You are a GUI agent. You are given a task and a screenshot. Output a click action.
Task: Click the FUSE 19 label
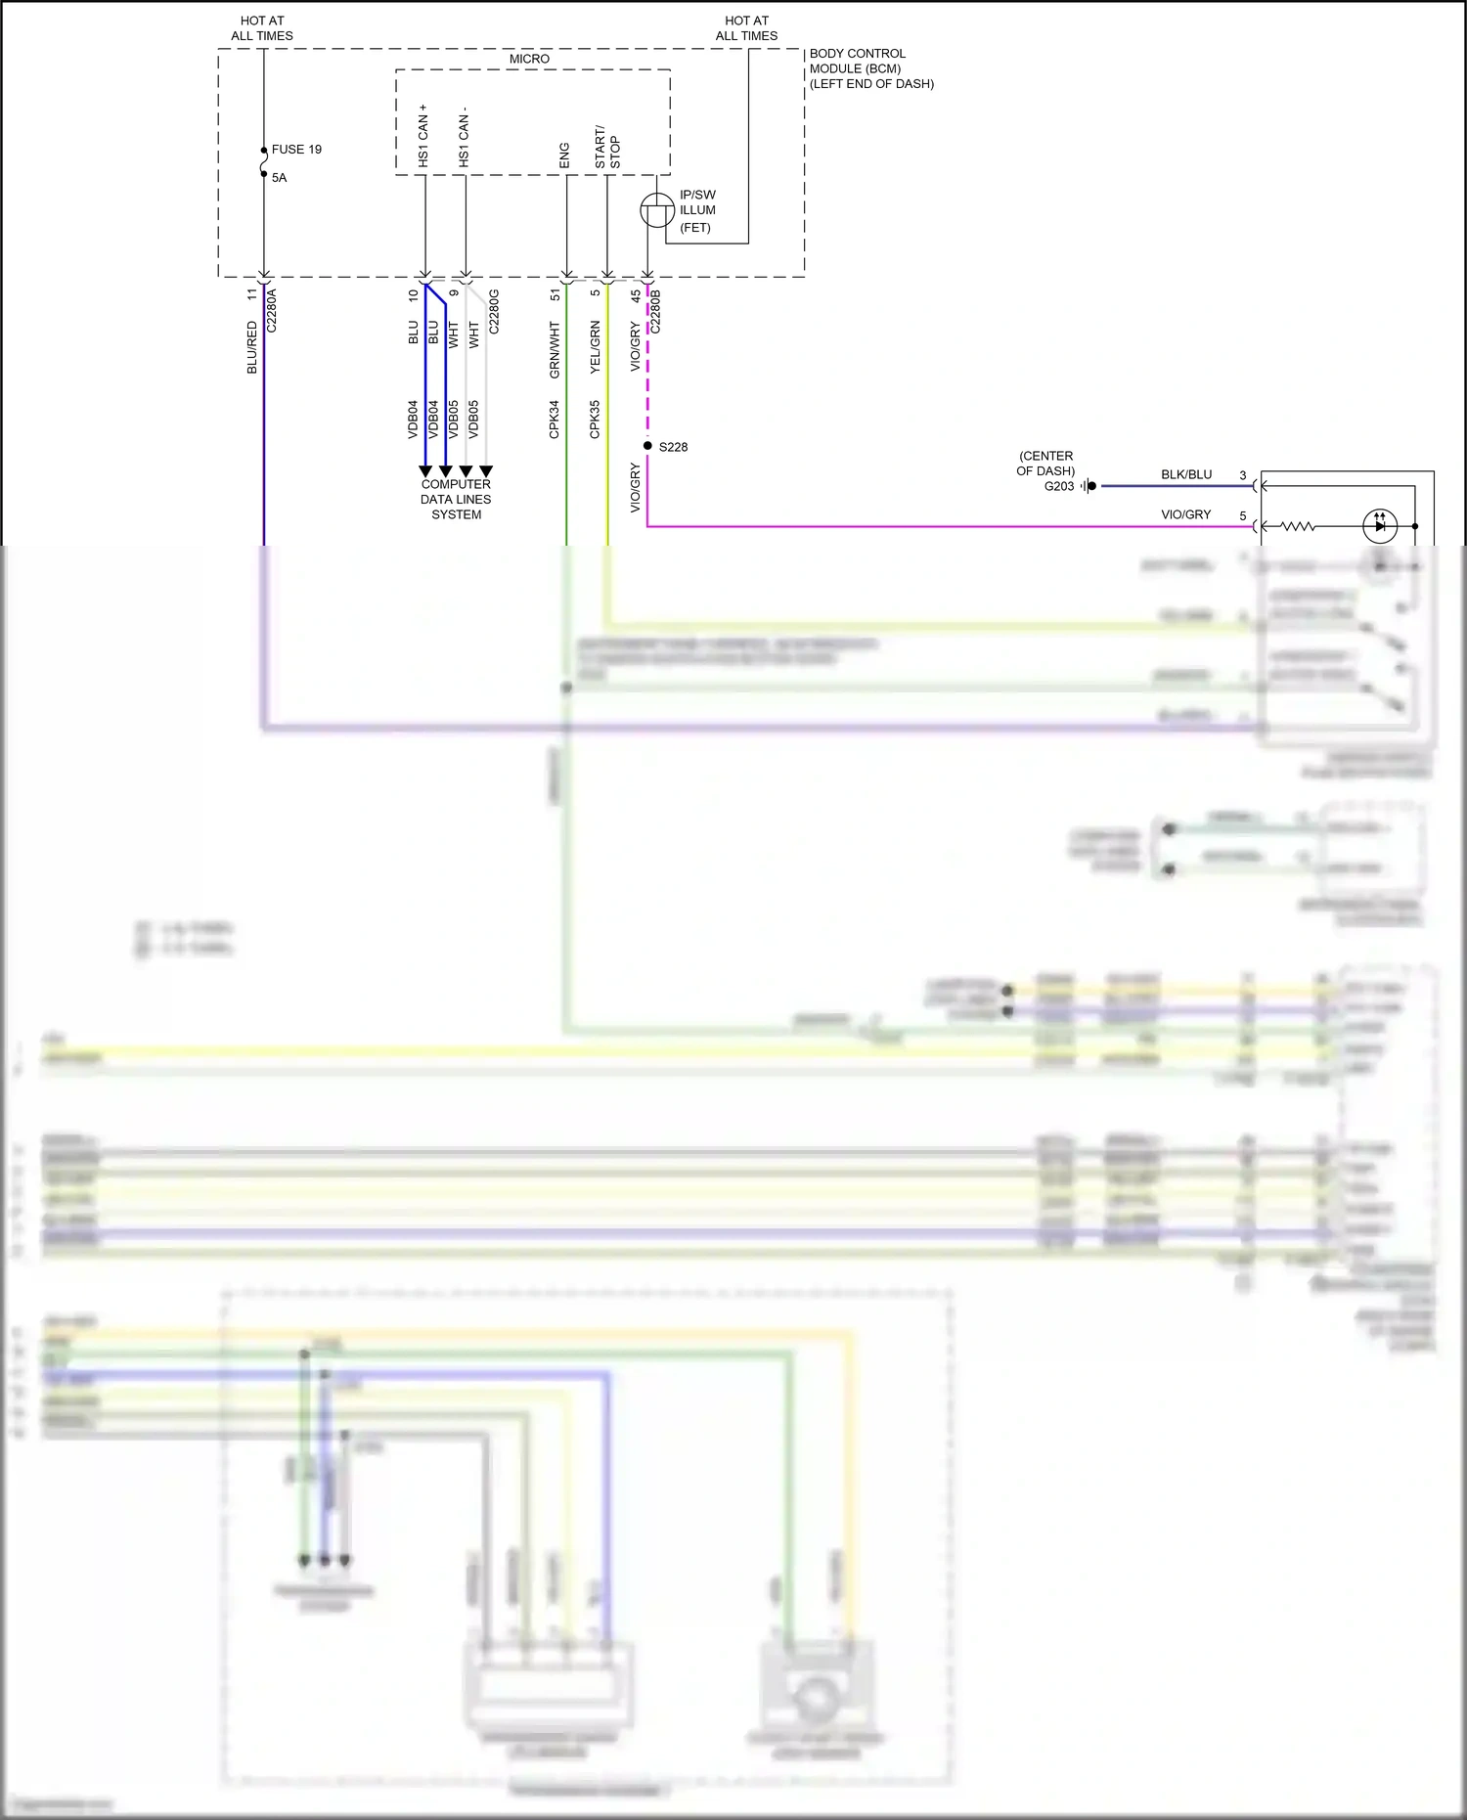click(296, 150)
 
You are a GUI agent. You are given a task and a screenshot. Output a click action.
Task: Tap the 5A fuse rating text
click(280, 178)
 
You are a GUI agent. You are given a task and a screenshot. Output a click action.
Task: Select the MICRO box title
click(529, 60)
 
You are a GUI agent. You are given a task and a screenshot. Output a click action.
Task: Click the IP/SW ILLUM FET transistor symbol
click(656, 210)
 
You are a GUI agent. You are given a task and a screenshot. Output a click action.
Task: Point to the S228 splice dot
click(647, 446)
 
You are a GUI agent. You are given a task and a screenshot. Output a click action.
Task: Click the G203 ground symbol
click(1089, 486)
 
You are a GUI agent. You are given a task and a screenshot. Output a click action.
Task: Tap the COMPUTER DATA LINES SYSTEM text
click(456, 500)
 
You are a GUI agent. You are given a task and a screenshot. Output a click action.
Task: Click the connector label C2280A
click(272, 311)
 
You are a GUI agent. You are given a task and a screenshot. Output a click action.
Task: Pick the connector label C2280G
click(494, 311)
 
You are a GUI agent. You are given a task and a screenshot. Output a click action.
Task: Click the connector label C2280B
click(656, 311)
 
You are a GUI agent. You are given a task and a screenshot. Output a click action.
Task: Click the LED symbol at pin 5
click(1379, 526)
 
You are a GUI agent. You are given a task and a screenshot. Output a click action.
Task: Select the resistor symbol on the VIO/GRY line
click(1298, 526)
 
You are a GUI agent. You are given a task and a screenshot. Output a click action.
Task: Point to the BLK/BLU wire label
click(1186, 475)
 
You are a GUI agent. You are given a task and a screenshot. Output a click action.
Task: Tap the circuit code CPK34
click(555, 419)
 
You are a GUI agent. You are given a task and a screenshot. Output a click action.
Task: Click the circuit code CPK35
click(595, 419)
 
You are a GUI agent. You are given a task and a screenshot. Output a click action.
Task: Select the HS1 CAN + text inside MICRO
click(423, 136)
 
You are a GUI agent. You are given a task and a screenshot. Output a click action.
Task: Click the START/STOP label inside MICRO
click(607, 147)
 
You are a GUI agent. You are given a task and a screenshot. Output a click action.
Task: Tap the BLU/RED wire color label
click(252, 347)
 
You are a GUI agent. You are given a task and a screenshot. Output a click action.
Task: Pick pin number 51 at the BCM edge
click(556, 293)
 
